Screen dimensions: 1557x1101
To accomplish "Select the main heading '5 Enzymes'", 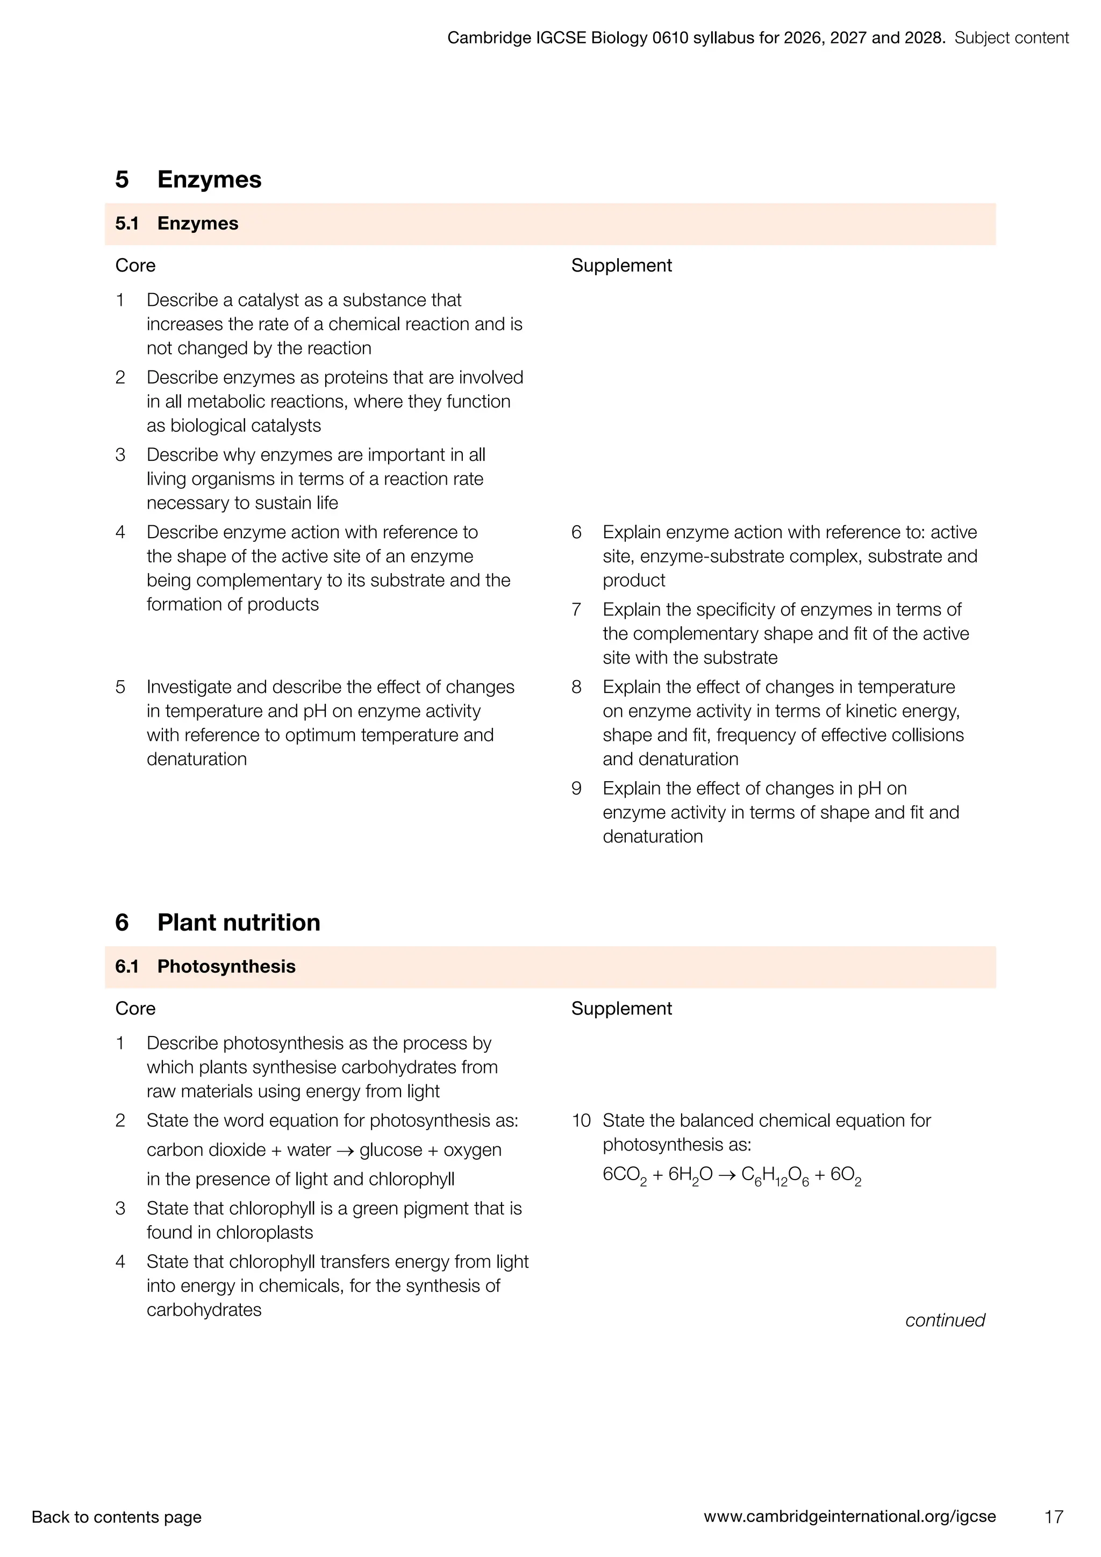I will coord(189,180).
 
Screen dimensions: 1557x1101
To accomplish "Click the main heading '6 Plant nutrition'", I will coord(218,922).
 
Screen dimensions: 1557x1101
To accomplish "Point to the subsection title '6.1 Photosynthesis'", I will coord(205,966).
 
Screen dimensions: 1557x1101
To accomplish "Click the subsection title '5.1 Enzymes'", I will coord(177,224).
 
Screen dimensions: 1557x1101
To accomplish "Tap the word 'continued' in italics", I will coord(945,1320).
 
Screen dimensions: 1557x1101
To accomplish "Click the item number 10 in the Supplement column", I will coord(581,1120).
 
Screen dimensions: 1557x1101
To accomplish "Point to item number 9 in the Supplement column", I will coord(576,788).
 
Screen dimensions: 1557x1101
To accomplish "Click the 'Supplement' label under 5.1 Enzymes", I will coord(621,265).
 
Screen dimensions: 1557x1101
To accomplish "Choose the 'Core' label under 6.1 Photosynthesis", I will coord(135,1009).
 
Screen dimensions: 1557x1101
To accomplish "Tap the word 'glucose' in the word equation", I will coord(390,1149).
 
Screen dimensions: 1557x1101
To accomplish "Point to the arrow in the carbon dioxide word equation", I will coord(345,1150).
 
